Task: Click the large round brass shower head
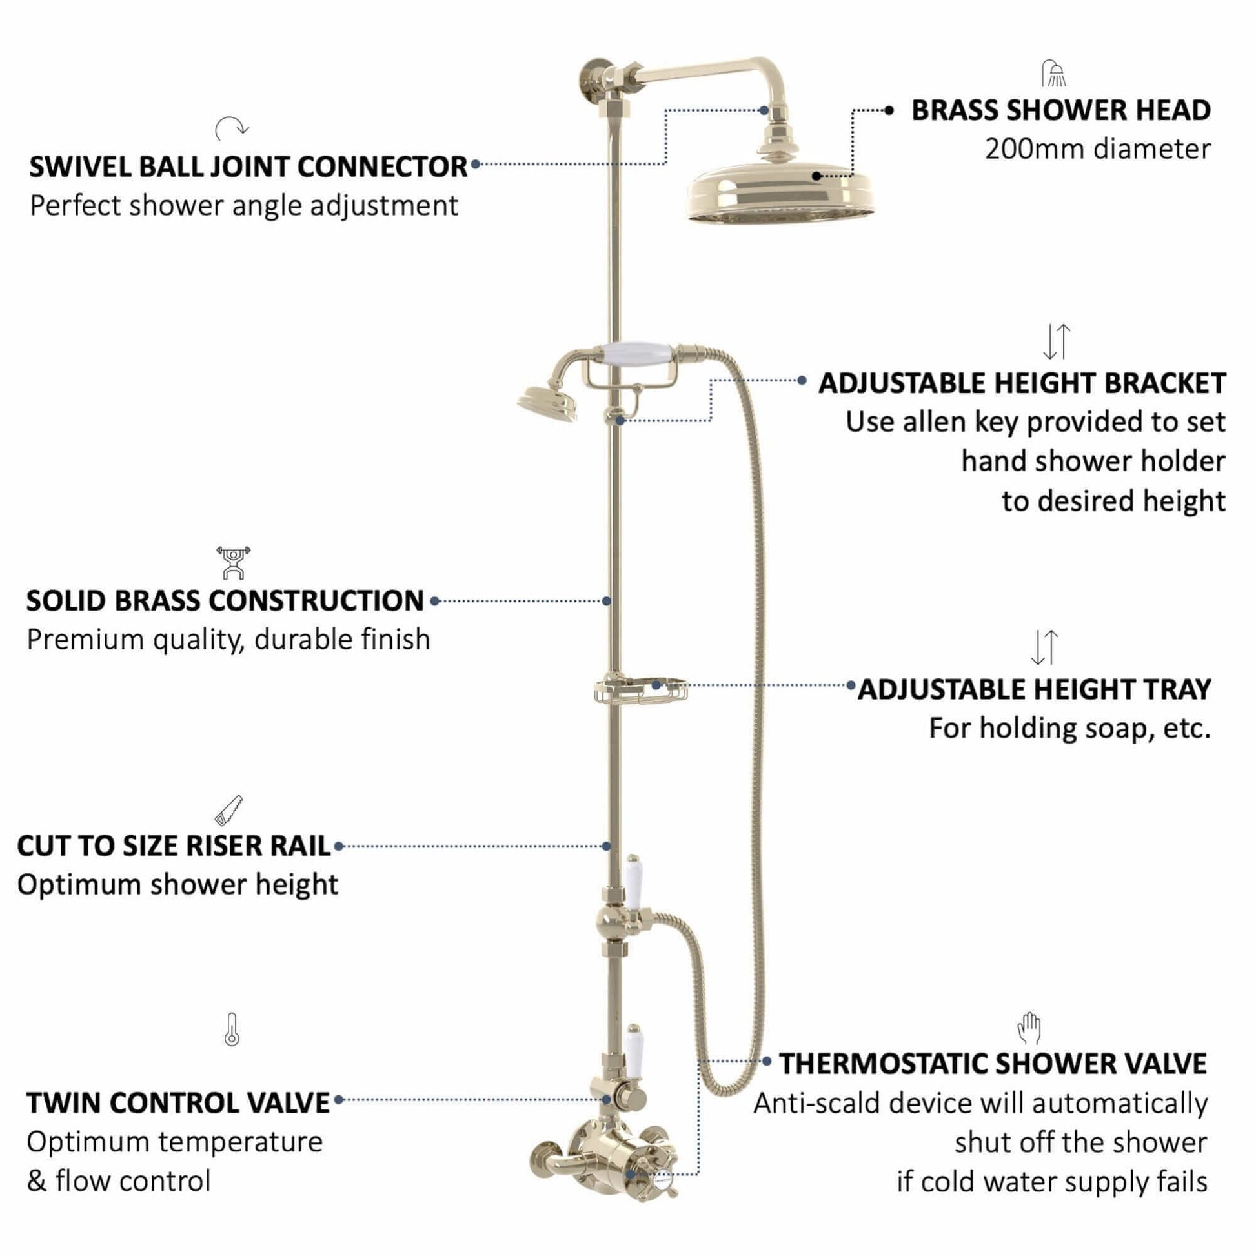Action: (x=780, y=193)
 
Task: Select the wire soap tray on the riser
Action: (x=640, y=691)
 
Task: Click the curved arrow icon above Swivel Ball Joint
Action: (x=232, y=128)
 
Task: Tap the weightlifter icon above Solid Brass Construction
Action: (x=234, y=563)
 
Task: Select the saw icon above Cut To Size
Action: (x=229, y=810)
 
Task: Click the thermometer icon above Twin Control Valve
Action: (x=232, y=1029)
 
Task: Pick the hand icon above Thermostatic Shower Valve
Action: (x=1029, y=1028)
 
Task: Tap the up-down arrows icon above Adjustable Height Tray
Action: (x=1045, y=647)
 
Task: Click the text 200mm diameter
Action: (x=1098, y=149)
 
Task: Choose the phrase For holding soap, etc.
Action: (x=1070, y=729)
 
